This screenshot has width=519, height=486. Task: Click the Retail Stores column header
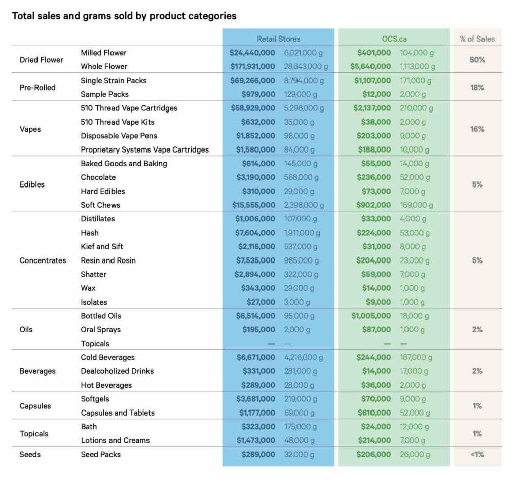(278, 39)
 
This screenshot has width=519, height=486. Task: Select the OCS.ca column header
(394, 39)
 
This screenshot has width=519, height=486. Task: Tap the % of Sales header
(477, 39)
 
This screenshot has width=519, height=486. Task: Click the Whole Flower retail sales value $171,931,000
(252, 66)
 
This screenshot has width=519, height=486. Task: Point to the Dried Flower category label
(42, 60)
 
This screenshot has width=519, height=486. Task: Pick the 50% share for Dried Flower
(477, 60)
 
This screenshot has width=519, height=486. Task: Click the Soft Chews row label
(100, 205)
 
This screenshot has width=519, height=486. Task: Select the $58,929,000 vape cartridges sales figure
(253, 108)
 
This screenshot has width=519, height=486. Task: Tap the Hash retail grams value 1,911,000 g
(302, 233)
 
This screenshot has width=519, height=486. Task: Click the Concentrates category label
(43, 260)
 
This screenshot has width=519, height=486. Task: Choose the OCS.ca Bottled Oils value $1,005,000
(371, 316)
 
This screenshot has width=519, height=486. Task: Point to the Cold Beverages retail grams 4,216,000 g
(304, 358)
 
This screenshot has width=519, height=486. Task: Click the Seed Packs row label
(101, 454)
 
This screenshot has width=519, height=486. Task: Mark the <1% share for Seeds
(477, 454)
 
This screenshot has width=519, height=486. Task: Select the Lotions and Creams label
(115, 440)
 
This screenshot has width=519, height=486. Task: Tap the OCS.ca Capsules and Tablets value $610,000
(375, 413)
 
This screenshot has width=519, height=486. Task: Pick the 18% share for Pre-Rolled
(477, 87)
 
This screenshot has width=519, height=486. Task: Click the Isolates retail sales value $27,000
(261, 302)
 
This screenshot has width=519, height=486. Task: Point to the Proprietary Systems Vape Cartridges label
(144, 149)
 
